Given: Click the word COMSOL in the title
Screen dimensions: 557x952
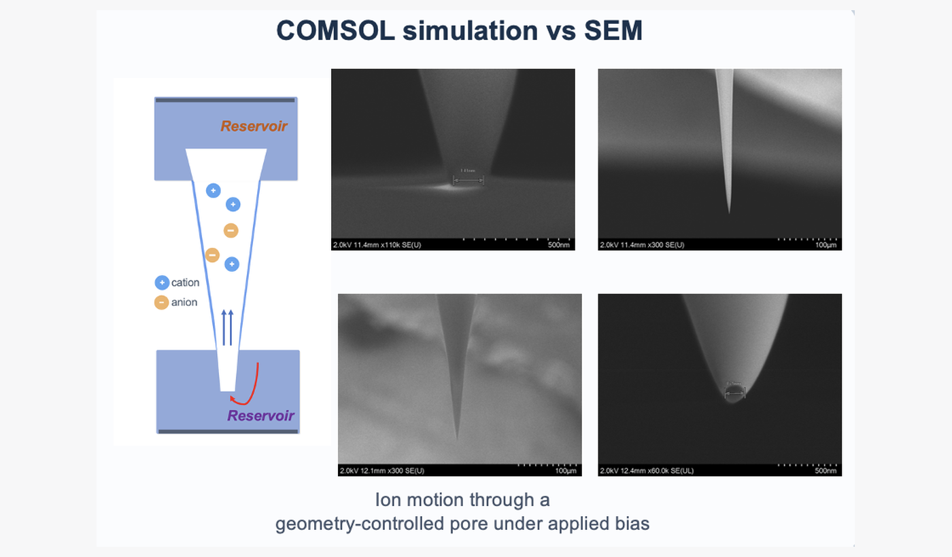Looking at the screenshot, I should click(x=333, y=31).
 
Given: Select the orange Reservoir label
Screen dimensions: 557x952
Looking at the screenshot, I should click(x=254, y=126).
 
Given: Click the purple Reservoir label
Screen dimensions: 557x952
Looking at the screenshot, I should click(x=261, y=415).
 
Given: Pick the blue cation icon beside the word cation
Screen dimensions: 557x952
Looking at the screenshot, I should click(x=162, y=283).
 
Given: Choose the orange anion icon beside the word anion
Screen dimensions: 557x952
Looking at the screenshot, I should click(x=162, y=302).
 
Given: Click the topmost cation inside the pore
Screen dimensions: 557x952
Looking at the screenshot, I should click(x=214, y=191).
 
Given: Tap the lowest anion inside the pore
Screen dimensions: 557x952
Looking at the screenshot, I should click(x=212, y=255).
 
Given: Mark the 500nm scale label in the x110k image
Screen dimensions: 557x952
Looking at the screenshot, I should click(x=558, y=245).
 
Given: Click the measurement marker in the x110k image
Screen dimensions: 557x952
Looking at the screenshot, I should click(x=468, y=179).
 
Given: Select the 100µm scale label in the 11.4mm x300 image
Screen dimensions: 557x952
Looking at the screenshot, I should click(x=825, y=245).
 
